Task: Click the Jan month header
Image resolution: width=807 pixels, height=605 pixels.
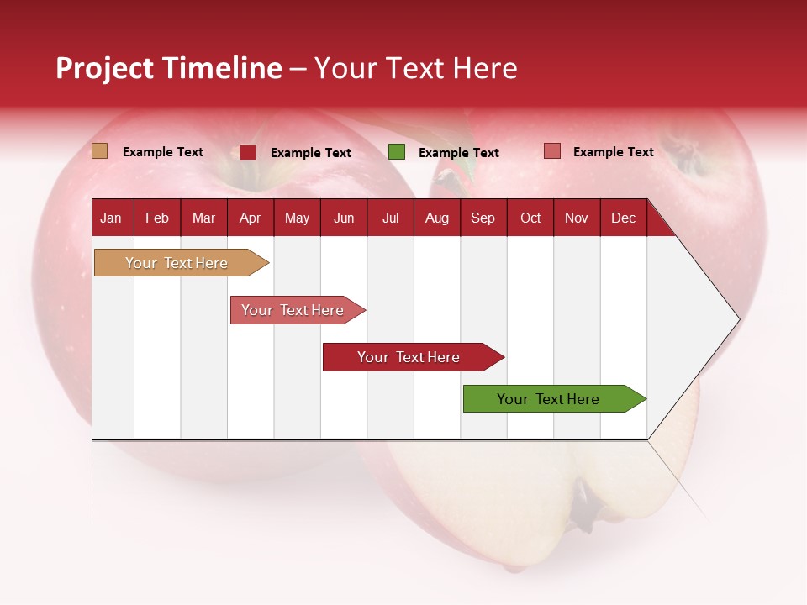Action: [111, 218]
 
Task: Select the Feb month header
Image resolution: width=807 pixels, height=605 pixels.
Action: [157, 218]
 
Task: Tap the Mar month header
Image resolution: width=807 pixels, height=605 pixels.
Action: [203, 218]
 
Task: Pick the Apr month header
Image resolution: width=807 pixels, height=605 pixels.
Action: [250, 218]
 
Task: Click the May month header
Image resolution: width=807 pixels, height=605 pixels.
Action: [297, 218]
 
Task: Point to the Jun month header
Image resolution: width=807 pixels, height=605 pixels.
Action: [344, 218]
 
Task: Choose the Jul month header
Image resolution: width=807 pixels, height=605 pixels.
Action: [390, 218]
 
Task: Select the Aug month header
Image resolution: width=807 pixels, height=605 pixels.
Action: [436, 218]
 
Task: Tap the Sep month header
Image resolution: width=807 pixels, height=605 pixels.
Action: [483, 218]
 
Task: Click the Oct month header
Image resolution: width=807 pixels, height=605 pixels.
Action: [530, 218]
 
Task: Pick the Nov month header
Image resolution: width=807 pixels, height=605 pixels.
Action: [577, 218]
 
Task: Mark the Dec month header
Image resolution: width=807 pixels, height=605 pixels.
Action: [623, 218]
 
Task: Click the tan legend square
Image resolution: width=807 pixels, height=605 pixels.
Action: [99, 151]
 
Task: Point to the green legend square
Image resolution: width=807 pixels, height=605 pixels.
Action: [397, 152]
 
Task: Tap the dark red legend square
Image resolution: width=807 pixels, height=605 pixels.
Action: [248, 152]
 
